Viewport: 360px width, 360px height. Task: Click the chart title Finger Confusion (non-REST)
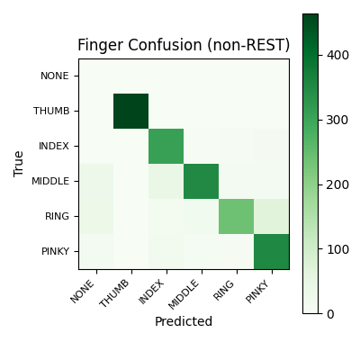pos(184,45)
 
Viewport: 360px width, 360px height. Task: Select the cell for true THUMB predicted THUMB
pos(131,111)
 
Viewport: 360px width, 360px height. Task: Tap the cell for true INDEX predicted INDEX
pos(166,146)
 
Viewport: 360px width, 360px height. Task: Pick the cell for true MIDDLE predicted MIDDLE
pos(202,181)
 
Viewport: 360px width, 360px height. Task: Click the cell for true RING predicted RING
pos(237,216)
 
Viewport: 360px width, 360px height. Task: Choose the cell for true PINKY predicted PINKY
pos(272,251)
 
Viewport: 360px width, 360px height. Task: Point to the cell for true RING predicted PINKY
pos(272,216)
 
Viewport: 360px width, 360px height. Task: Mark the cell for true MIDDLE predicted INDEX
pos(166,181)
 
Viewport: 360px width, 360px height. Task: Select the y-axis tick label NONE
pos(55,76)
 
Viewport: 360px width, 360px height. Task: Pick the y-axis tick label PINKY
pos(54,251)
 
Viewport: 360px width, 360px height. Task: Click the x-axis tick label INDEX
pos(157,291)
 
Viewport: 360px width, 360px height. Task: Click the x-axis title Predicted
pos(184,321)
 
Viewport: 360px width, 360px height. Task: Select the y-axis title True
pos(19,164)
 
